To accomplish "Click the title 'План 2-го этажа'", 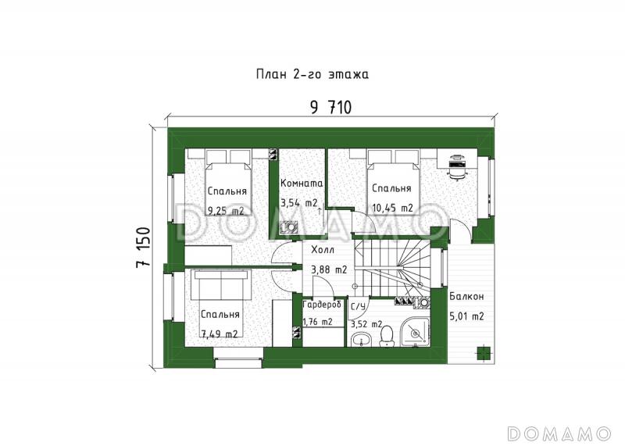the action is (x=312, y=74).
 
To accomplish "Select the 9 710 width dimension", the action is (x=330, y=108).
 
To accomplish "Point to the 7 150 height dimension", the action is (x=144, y=248).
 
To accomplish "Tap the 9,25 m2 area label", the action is (x=226, y=211).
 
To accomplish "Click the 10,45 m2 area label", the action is (x=393, y=208).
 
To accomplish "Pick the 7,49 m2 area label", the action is (x=220, y=334).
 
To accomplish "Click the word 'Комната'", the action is (x=302, y=184).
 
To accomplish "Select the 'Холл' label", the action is (x=323, y=250).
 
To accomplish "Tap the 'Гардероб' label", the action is (x=322, y=305).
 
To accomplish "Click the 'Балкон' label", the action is (x=466, y=297).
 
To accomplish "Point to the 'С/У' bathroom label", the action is (x=358, y=306).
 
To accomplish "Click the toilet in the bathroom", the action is (x=386, y=336).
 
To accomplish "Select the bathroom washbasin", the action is (x=362, y=340).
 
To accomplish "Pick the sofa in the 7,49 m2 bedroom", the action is (x=222, y=284).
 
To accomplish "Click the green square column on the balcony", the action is (x=484, y=353).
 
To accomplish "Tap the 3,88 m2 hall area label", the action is (x=329, y=269).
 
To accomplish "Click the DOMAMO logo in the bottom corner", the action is (x=559, y=434).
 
